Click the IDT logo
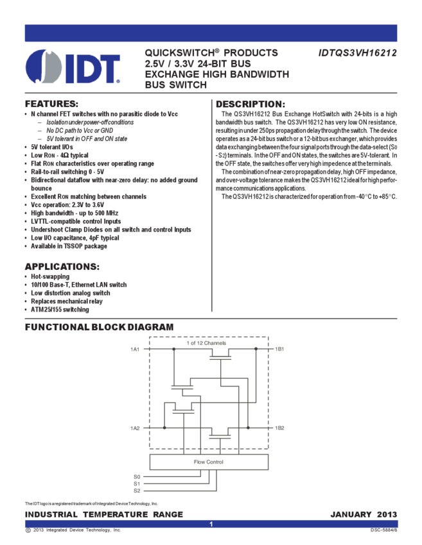72,66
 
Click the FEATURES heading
51,104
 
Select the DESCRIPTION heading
249,104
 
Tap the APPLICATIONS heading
61,267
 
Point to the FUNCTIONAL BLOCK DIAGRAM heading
99,327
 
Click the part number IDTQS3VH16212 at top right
357,53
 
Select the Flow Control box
208,462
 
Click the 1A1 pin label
135,349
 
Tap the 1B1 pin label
279,349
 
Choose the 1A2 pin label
135,428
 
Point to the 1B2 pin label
279,428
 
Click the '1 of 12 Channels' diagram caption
207,343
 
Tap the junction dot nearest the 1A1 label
173,349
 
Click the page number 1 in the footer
211,524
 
